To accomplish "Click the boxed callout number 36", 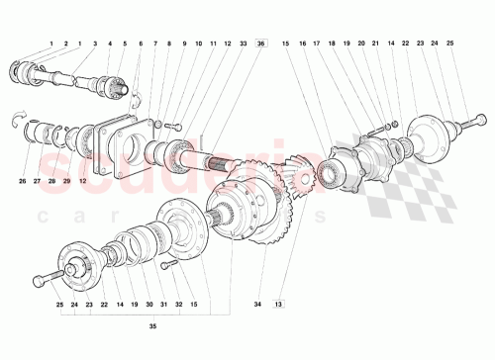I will pyautogui.click(x=260, y=45).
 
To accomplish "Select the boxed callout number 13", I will pyautogui.click(x=279, y=304).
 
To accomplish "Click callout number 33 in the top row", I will pyautogui.click(x=244, y=45).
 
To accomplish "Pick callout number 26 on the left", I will pyautogui.click(x=22, y=181).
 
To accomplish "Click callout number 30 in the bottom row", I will pyautogui.click(x=149, y=305).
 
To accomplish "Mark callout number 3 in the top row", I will pyautogui.click(x=94, y=45).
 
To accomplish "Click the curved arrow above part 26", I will pyautogui.click(x=17, y=121).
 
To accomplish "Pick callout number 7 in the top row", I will pyautogui.click(x=155, y=45).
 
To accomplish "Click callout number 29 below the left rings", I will pyautogui.click(x=67, y=181).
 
